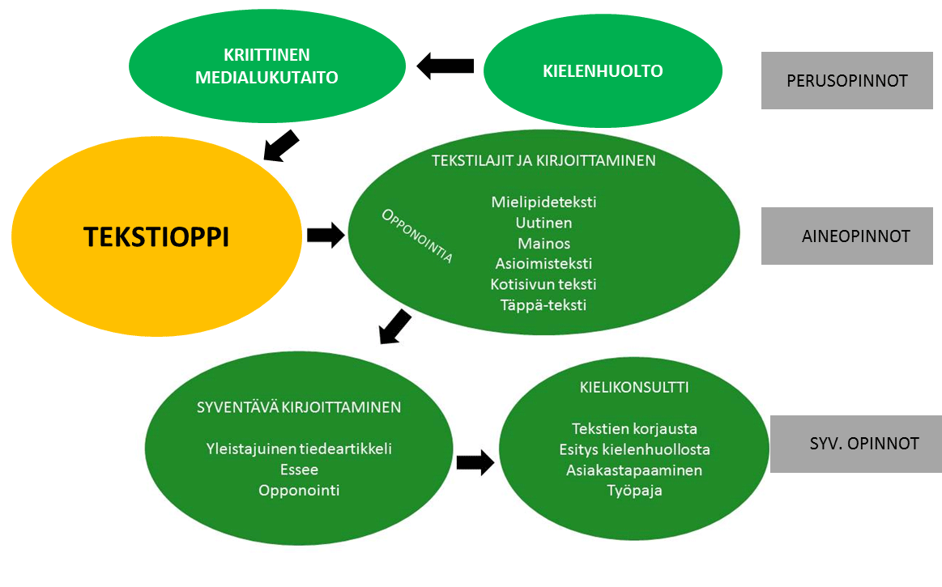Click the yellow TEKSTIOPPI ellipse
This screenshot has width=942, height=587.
point(156,237)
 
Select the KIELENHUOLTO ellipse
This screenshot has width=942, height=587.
point(603,71)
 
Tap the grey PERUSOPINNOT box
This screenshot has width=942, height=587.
point(846,81)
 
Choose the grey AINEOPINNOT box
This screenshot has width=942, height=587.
point(846,236)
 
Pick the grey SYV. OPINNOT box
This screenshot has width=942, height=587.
point(855,444)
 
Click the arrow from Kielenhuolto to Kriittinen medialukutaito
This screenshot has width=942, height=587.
point(445,66)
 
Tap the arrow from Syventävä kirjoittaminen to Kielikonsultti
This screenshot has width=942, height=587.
point(475,462)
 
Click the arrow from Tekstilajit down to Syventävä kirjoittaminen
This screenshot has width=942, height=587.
point(395,326)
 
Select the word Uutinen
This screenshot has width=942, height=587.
point(543,223)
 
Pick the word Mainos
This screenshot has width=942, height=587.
point(543,243)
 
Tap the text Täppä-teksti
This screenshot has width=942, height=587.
point(543,305)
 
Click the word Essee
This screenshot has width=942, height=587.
point(299,470)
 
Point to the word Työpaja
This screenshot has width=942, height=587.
point(634,490)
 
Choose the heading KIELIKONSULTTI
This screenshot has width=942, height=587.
point(634,388)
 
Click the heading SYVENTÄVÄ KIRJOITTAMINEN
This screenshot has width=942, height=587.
point(299,407)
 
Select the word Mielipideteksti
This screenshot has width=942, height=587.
point(543,202)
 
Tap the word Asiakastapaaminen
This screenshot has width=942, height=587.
point(634,470)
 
